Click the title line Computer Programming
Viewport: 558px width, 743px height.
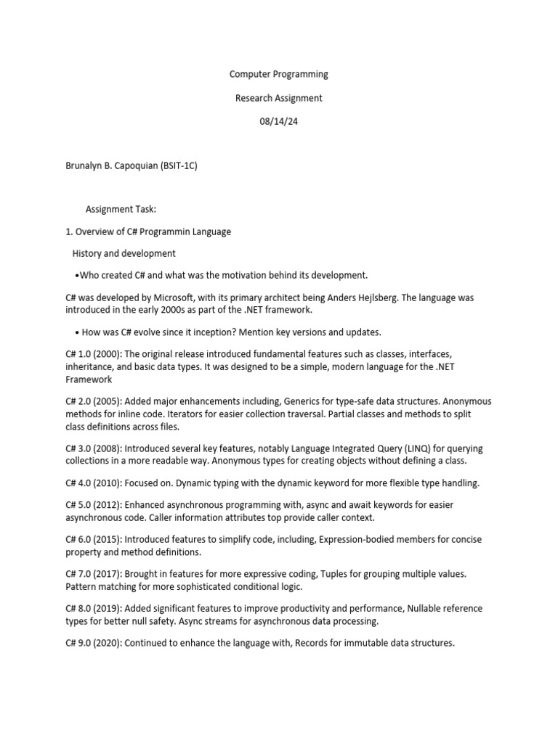[279, 74]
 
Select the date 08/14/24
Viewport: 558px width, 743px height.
[279, 122]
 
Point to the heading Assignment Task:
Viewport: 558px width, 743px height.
[121, 210]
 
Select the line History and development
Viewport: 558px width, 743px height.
[124, 254]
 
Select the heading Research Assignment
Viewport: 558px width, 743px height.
[279, 98]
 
